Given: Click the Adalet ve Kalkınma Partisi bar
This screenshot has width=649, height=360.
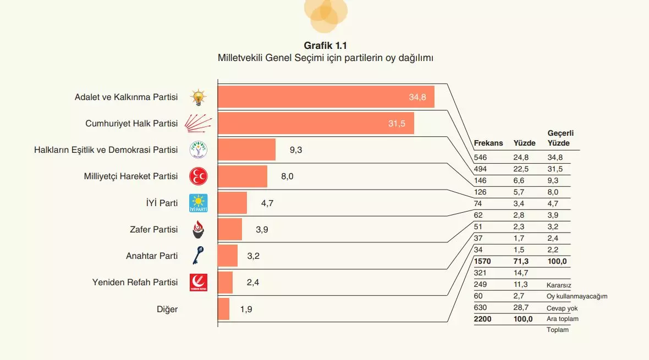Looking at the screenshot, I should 326,97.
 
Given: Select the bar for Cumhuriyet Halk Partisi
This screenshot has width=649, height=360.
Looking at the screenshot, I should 316,123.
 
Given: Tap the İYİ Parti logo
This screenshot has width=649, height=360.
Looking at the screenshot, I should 199,203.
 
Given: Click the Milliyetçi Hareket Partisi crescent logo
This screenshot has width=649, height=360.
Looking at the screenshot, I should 199,176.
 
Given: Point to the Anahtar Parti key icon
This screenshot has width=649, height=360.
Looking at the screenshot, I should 199,256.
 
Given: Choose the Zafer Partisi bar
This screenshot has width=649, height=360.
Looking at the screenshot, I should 230,229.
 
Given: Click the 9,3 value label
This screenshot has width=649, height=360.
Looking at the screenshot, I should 296,149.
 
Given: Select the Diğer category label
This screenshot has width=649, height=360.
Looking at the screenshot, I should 167,309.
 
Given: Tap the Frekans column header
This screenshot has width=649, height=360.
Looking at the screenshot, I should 488,143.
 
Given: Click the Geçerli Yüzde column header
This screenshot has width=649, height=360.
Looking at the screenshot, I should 560,138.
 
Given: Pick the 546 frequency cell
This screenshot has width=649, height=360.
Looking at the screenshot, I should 480,158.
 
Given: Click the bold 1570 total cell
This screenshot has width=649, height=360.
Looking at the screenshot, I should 482,261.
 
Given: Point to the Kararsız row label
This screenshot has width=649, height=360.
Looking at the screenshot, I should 559,285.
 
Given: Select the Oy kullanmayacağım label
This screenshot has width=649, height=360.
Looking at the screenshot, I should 577,296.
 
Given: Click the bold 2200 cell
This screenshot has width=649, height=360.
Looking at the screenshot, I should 482,319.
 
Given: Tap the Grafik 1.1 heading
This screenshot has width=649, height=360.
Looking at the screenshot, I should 325,46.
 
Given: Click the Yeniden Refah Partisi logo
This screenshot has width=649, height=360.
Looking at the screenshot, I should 199,282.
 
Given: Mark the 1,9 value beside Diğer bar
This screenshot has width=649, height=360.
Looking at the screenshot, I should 246,309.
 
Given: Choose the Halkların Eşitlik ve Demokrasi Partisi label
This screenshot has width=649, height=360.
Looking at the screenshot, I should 106,149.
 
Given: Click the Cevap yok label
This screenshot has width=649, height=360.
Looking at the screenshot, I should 562,308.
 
